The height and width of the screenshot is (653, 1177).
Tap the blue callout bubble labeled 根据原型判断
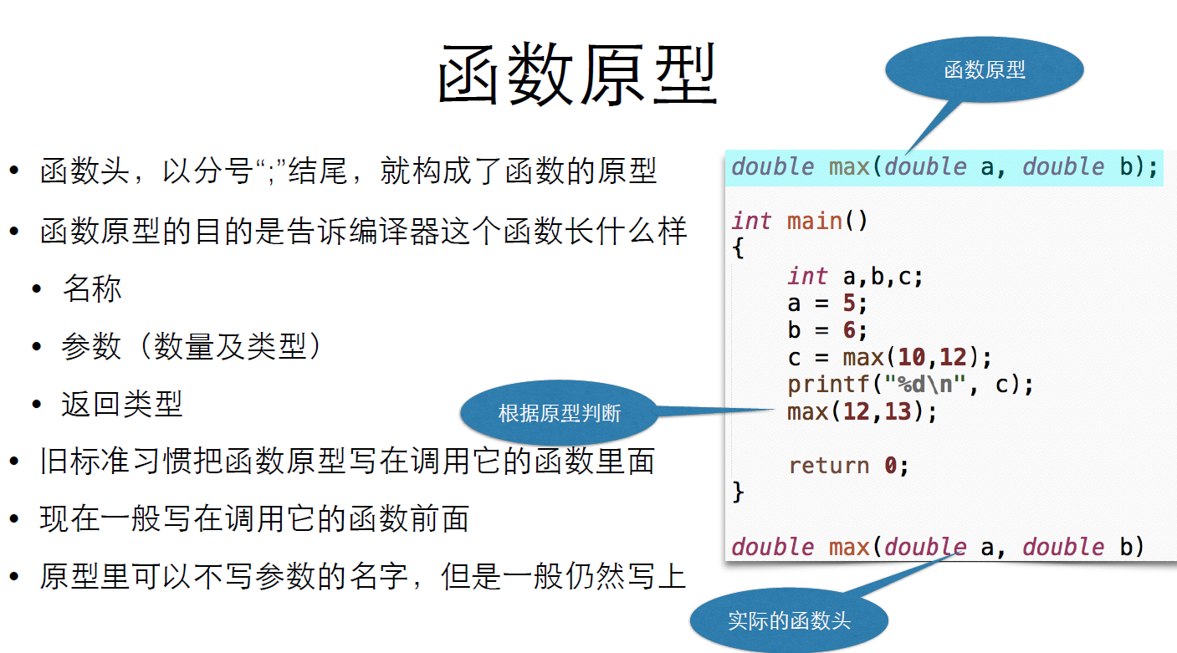[x=559, y=412]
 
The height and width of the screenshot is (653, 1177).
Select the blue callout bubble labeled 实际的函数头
[x=788, y=620]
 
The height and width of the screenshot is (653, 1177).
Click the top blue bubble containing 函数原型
[x=984, y=70]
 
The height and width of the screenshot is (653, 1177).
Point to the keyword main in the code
[x=815, y=222]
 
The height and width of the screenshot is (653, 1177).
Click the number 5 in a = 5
[x=849, y=303]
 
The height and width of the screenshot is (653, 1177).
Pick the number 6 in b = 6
[x=849, y=330]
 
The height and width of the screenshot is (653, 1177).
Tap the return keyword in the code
[x=829, y=466]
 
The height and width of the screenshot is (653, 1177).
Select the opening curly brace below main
[x=738, y=248]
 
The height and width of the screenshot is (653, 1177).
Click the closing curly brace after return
[x=738, y=492]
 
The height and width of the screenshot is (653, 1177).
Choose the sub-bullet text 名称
[x=92, y=289]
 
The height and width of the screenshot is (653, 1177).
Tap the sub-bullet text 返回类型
[x=122, y=405]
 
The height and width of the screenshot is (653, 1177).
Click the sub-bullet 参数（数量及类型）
[x=191, y=346]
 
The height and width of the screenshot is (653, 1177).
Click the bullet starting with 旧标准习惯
[x=347, y=462]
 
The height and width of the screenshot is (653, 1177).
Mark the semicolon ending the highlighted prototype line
[x=1153, y=167]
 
